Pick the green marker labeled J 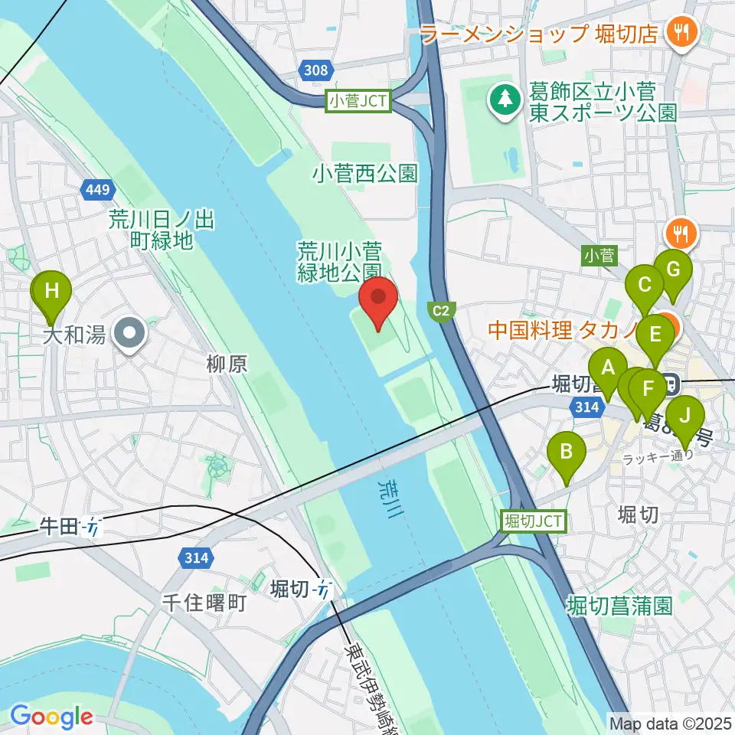click(684, 420)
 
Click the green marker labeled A click(609, 371)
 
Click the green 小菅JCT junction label click(359, 100)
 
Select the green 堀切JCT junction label click(534, 522)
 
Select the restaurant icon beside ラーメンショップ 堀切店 click(678, 32)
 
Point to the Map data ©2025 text click(670, 722)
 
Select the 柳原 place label click(227, 364)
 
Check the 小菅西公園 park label click(364, 174)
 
